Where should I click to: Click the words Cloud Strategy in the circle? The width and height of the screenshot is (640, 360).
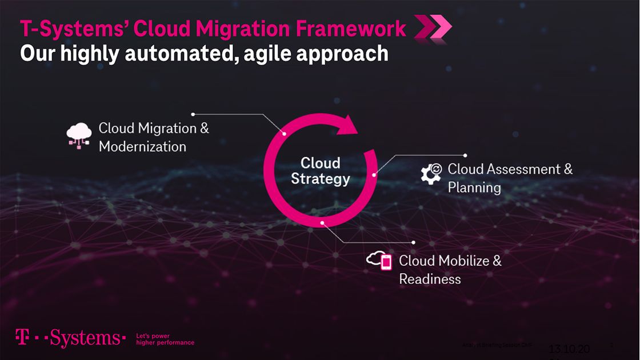coord(320,171)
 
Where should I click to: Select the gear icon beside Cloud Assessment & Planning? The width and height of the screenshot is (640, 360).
coord(431,173)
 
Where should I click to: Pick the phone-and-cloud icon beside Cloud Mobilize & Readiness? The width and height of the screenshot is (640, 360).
coord(379,261)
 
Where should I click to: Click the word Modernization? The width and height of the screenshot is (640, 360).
coord(142,147)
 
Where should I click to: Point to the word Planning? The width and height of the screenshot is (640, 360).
coord(474,188)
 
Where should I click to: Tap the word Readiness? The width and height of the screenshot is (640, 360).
coord(430,279)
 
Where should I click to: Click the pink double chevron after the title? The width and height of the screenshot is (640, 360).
coord(432,27)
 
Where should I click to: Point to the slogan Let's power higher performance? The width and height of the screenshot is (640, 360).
coord(165,339)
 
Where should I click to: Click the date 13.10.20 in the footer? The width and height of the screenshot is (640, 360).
coord(569,349)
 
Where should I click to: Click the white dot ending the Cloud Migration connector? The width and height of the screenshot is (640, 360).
coord(193,114)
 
